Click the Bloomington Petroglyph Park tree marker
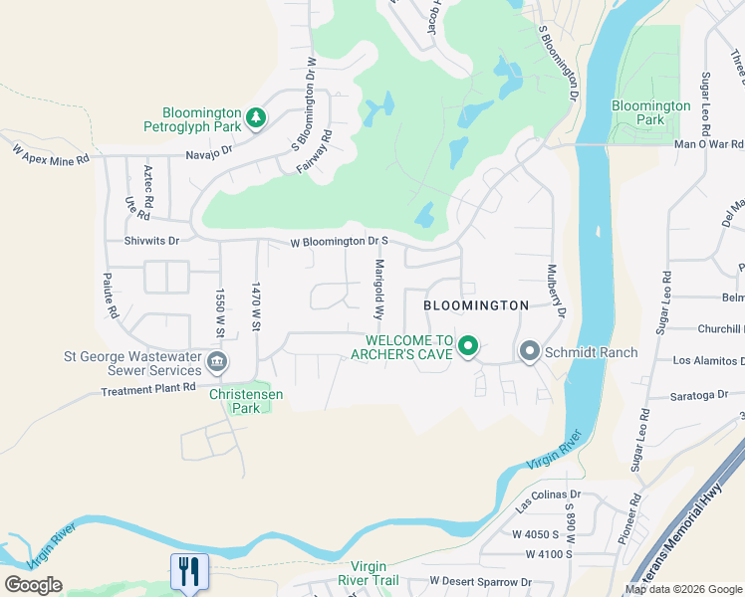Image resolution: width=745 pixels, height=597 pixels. coord(256,118)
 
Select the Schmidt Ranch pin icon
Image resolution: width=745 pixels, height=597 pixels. coord(529,350)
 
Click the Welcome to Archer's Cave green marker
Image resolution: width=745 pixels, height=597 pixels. coord(467,347)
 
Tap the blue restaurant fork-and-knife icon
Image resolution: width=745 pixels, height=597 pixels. coord(189,571)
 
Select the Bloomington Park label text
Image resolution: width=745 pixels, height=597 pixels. coord(650,112)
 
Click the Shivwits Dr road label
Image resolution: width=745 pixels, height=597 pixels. coord(151,240)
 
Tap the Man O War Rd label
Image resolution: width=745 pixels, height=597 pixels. coord(708,145)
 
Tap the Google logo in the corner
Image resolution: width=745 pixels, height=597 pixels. coord(33,585)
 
